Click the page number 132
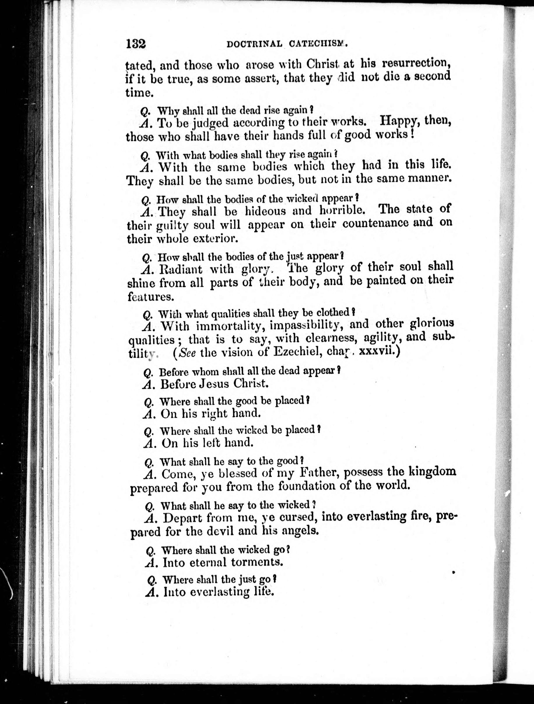[136, 43]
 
